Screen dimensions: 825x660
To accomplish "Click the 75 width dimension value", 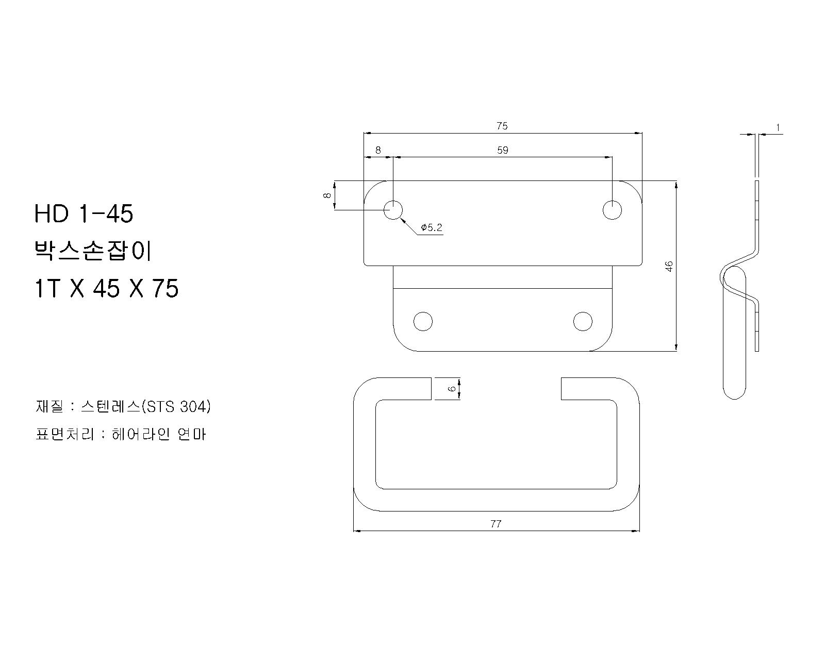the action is click(502, 126).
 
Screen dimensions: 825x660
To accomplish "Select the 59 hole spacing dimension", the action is click(503, 150).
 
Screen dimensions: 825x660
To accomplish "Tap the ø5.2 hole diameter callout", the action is click(432, 227).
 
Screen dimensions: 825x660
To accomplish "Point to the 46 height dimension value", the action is click(669, 266).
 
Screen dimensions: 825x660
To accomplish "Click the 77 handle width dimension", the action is click(496, 524).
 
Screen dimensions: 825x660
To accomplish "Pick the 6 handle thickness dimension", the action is click(452, 389).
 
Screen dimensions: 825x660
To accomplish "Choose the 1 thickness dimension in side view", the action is click(778, 128).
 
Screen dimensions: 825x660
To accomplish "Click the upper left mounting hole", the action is click(393, 210).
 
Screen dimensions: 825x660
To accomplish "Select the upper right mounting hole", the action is click(612, 210).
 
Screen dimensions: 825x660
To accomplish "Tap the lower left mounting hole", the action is click(423, 321).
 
